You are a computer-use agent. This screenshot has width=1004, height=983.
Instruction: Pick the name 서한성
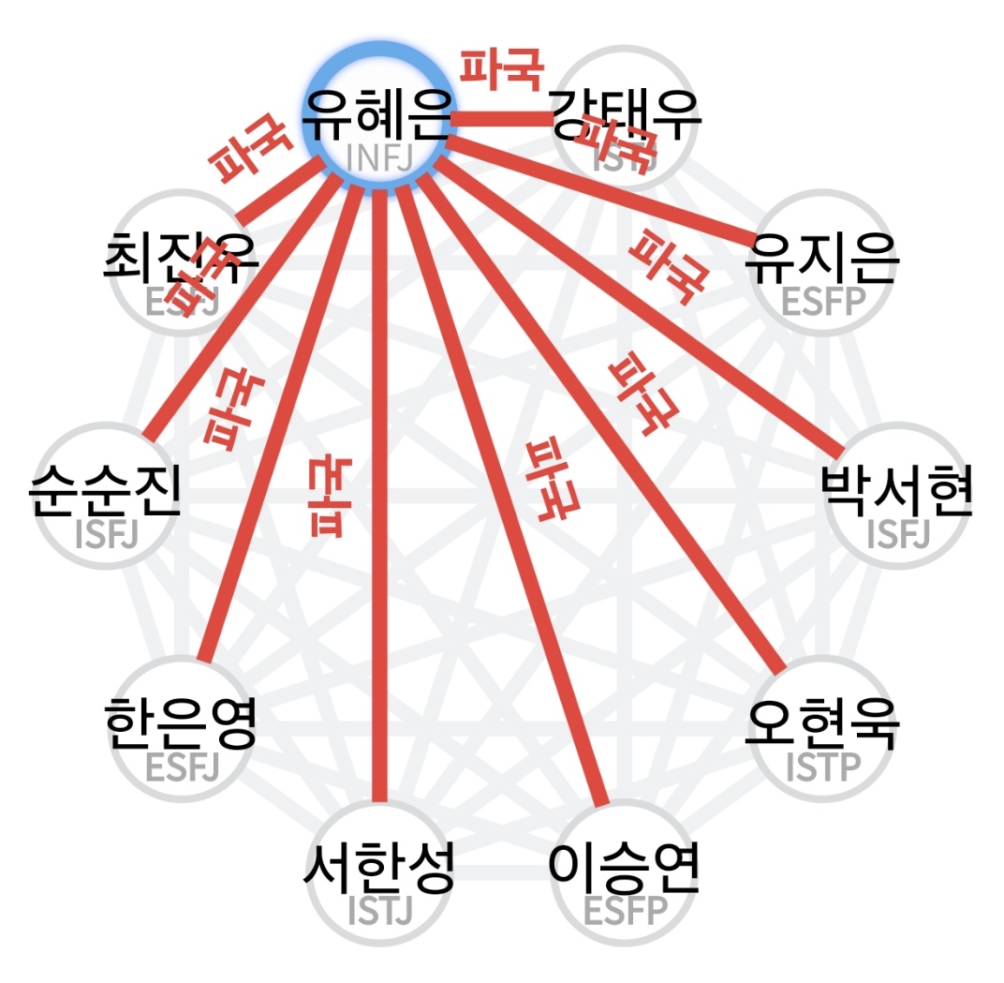point(379,869)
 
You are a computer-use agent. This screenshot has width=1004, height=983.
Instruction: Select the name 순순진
point(105,490)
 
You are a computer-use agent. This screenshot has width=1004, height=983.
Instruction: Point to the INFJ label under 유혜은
point(379,157)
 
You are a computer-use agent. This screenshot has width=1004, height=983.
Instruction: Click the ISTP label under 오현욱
point(822,767)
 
